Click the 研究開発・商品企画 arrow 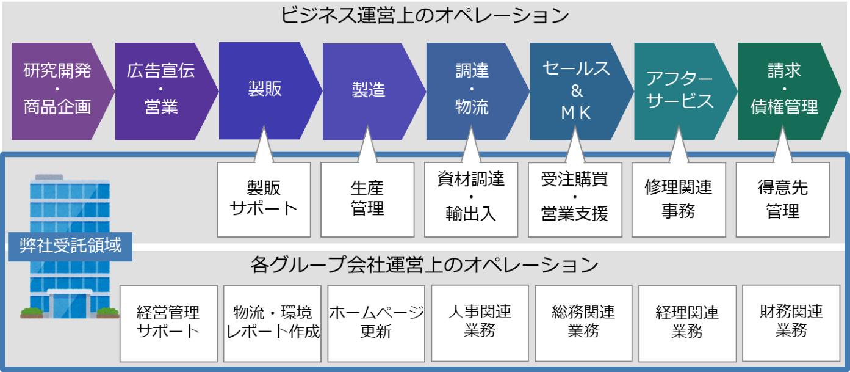[57, 90]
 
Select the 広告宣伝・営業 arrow [161, 90]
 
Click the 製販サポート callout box [264, 199]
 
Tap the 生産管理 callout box [368, 199]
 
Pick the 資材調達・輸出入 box [471, 199]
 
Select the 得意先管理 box [783, 199]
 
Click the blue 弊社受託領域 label [70, 246]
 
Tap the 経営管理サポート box [168, 323]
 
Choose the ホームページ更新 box [376, 323]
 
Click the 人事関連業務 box [480, 323]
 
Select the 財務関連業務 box [791, 323]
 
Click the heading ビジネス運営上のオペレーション [425, 15]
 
